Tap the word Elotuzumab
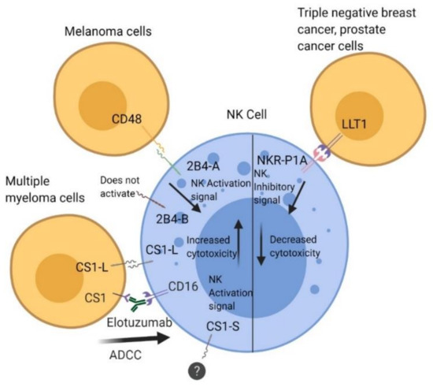[x=139, y=322]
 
